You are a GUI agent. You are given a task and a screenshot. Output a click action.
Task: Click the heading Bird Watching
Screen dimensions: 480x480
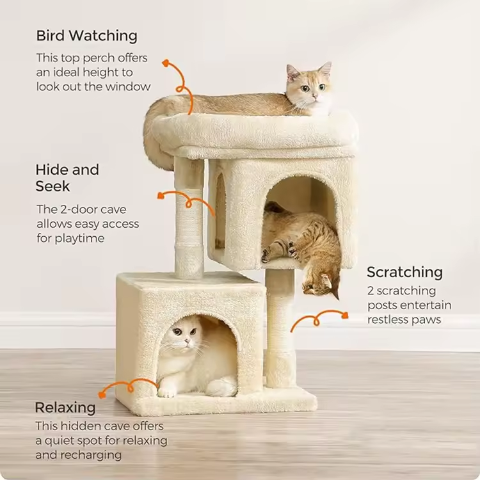click(87, 36)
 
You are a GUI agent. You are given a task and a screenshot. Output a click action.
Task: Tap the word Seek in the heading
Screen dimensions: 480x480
click(52, 186)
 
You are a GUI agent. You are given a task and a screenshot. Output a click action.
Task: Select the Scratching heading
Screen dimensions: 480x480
click(404, 273)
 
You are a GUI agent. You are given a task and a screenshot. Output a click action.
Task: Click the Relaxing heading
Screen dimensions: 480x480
click(65, 408)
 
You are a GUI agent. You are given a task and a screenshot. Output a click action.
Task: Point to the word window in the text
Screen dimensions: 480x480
click(128, 86)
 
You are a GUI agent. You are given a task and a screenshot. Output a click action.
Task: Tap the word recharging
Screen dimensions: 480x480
click(91, 455)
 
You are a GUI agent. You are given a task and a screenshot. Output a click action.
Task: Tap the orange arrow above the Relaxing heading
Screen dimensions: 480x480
click(129, 387)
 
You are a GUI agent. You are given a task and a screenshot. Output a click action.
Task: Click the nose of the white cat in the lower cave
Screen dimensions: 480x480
click(186, 341)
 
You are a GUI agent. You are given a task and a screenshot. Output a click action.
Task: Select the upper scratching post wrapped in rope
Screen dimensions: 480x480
click(189, 218)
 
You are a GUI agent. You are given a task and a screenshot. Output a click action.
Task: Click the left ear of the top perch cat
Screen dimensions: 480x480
click(292, 71)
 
